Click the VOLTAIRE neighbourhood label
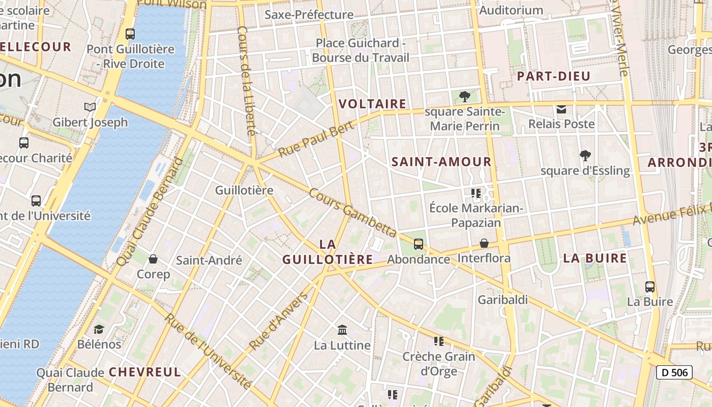tap(372, 104)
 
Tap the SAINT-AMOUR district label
tap(441, 162)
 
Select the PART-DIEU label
tap(554, 77)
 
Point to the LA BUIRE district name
tap(595, 258)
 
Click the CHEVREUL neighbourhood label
tap(145, 372)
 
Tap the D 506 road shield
tap(674, 372)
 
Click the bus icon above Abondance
tap(419, 244)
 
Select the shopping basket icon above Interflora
tap(484, 243)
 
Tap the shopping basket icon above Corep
tap(153, 259)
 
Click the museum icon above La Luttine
tap(342, 330)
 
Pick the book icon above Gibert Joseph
tap(90, 107)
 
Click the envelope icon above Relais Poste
tap(561, 109)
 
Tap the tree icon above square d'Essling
tap(585, 156)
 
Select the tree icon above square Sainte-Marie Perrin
tap(464, 97)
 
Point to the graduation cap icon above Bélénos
tap(99, 329)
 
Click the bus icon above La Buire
tap(650, 286)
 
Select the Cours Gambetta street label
tap(352, 213)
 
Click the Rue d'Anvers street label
tap(279, 322)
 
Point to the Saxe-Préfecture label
tap(309, 15)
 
